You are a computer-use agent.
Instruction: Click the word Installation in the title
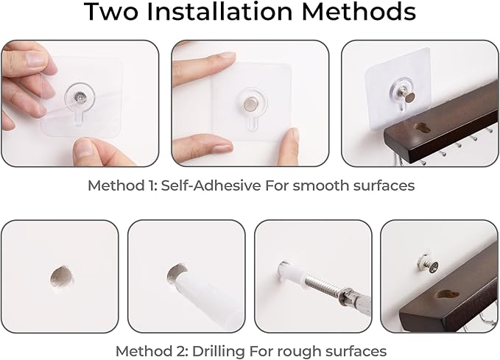219,12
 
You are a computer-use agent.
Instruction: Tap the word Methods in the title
359,12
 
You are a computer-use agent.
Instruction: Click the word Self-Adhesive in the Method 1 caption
211,186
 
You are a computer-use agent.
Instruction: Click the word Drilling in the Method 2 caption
219,351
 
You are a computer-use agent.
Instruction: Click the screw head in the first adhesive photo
80,96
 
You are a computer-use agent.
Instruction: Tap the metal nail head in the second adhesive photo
250,104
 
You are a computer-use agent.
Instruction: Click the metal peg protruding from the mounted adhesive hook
408,96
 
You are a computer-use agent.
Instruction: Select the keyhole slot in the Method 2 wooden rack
447,294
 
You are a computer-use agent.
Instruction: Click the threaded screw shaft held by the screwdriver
321,283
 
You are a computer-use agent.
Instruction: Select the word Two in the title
111,12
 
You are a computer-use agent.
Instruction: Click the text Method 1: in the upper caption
122,186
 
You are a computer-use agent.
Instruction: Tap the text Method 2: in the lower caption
152,351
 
